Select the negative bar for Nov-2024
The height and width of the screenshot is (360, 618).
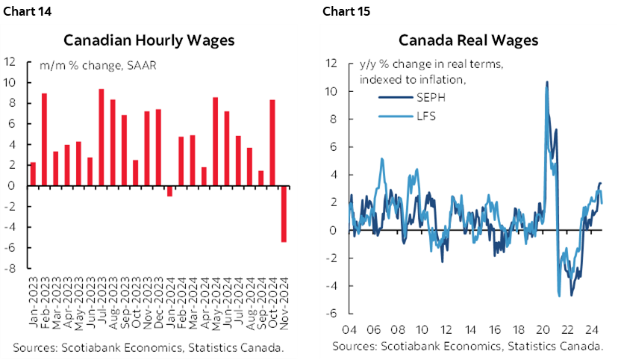point(284,214)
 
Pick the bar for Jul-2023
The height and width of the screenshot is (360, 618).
point(101,137)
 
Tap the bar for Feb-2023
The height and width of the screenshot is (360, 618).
point(44,140)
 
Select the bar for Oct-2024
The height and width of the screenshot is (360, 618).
point(272,143)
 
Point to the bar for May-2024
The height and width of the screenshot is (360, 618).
point(215,142)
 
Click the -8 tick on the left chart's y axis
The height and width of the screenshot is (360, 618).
point(11,269)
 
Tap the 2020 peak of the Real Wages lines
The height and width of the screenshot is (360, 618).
point(547,82)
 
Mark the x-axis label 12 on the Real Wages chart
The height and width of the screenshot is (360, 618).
point(446,329)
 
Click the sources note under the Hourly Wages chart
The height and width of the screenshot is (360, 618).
point(149,347)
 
